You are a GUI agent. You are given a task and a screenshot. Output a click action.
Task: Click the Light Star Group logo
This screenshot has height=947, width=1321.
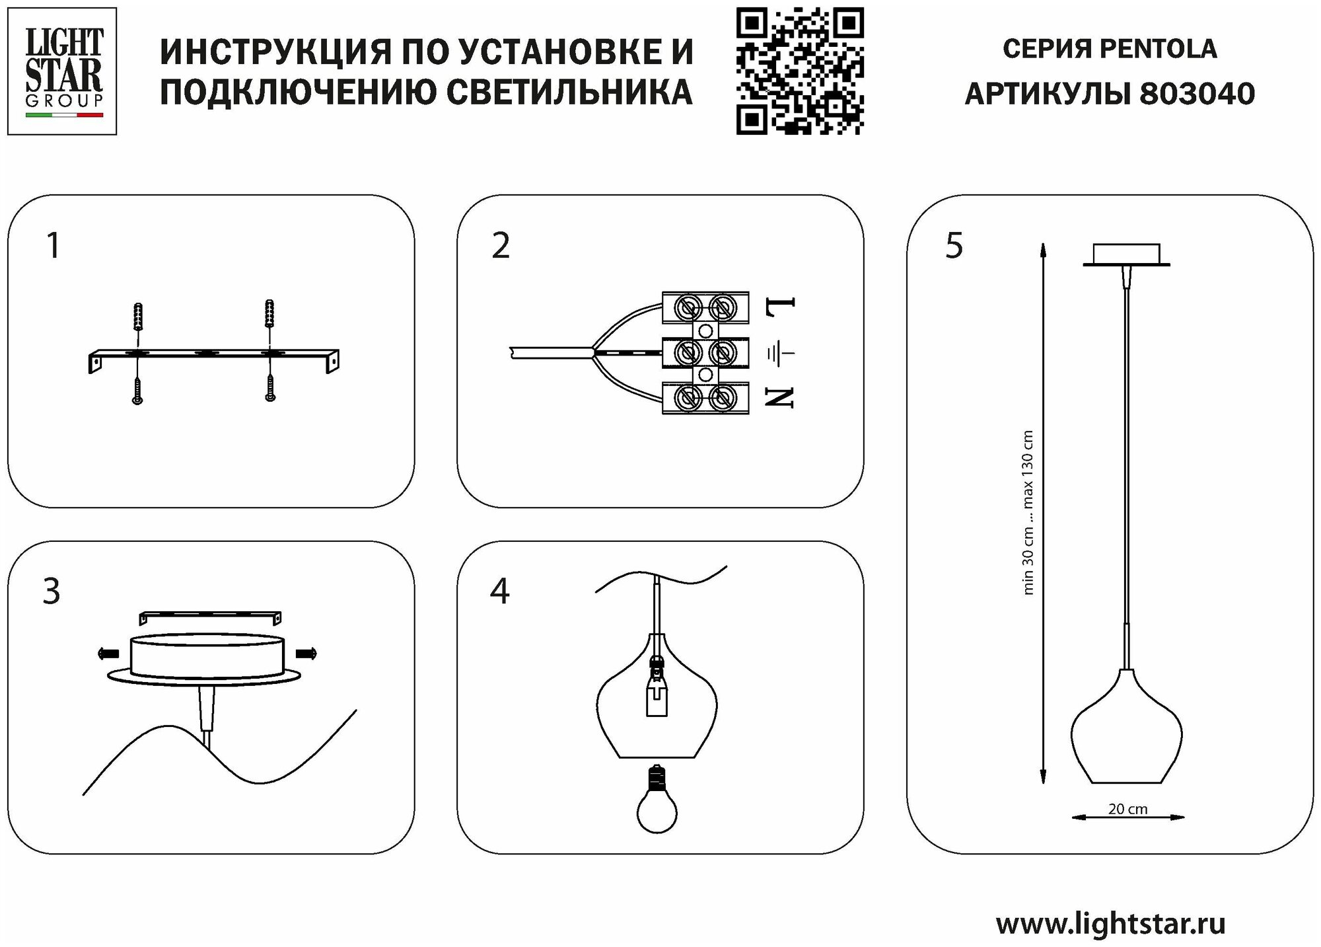[62, 71]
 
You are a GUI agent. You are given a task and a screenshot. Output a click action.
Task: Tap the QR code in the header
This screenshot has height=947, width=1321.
[799, 71]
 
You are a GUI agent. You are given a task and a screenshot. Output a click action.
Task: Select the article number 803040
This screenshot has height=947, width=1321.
[1197, 94]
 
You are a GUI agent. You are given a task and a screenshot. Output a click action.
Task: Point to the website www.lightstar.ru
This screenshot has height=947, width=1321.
[1110, 923]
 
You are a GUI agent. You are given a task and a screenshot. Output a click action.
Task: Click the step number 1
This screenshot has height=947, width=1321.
[54, 246]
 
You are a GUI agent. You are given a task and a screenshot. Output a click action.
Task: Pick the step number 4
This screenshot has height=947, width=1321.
[500, 591]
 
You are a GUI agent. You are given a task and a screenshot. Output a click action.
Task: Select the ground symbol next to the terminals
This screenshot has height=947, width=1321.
[779, 354]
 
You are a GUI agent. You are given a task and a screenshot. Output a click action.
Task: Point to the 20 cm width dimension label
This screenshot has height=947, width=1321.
[1127, 809]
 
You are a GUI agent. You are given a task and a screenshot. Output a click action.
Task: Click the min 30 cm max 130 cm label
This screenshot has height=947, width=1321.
[1028, 512]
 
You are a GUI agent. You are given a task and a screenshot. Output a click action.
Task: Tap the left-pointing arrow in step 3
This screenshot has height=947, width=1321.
[108, 654]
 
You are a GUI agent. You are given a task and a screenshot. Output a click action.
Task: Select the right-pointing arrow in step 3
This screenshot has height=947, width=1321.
[306, 654]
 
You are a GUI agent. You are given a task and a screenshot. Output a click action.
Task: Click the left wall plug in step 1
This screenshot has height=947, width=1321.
[138, 317]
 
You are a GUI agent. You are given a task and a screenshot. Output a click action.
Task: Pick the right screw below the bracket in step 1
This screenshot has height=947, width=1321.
[270, 389]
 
